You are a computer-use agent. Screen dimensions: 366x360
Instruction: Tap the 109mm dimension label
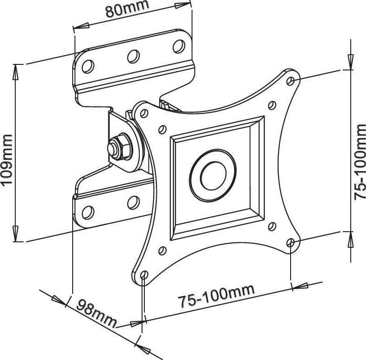coord(7,156)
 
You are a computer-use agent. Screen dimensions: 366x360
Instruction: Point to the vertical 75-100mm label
coord(360,162)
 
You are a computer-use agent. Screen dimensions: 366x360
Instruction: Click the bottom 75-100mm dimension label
coord(217,296)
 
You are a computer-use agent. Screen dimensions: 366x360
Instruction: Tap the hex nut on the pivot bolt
coord(120,146)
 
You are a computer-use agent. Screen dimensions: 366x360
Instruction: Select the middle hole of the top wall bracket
coord(134,56)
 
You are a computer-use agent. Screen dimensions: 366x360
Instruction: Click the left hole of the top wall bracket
coord(88,66)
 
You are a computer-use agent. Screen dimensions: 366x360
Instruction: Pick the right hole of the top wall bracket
coord(179,46)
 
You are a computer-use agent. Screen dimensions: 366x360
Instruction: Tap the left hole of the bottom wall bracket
coord(88,212)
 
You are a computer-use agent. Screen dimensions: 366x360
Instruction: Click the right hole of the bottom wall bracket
coord(134,202)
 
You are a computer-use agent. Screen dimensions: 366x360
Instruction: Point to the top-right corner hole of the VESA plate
coord(291,81)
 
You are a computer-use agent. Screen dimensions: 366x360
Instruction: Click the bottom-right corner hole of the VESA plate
coord(291,243)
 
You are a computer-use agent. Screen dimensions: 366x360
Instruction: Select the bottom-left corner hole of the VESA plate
coord(144,274)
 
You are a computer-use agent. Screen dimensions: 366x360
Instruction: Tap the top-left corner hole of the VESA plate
coord(144,114)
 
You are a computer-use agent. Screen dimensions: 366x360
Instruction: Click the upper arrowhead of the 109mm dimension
coord(16,72)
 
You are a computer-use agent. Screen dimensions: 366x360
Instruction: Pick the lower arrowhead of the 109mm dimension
coord(16,234)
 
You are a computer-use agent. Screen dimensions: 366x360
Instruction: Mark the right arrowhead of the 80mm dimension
coord(183,5)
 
